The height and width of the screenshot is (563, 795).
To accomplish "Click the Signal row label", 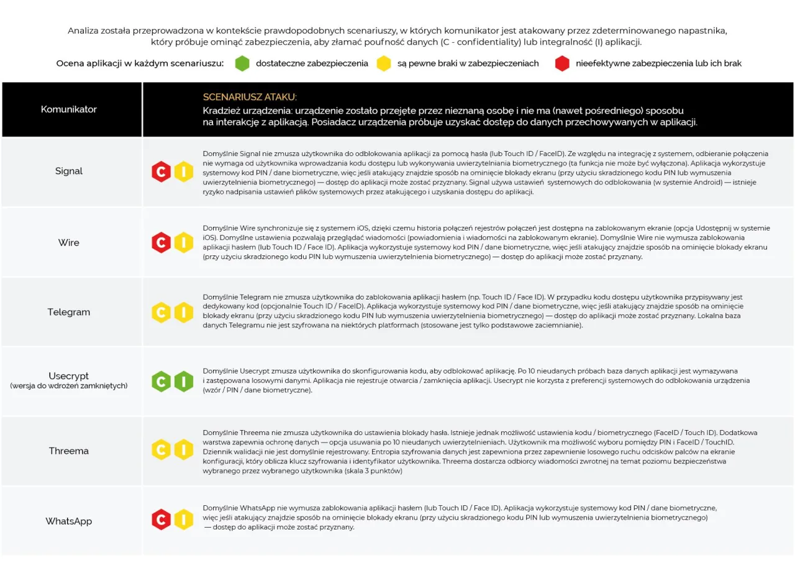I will tap(69, 171).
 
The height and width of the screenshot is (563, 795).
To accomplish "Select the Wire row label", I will tap(69, 242).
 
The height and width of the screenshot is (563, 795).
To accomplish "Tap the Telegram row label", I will tap(69, 312).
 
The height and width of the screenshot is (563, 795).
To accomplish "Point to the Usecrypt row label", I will tap(69, 376).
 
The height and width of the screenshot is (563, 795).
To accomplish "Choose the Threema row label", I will tap(69, 451).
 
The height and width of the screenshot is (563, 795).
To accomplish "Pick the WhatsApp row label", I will tap(69, 521).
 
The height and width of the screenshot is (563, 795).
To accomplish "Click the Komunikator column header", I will tap(69, 109).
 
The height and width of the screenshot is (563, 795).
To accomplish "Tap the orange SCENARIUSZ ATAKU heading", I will tap(250, 97).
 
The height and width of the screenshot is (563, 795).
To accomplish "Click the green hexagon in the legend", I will tap(242, 63).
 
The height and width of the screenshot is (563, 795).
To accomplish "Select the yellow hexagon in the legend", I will tap(384, 63).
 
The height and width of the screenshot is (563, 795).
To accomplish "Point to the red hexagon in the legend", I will tap(562, 63).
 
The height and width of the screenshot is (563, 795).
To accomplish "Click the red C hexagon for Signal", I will tap(161, 172).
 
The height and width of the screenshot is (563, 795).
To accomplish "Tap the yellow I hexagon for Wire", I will tap(184, 242).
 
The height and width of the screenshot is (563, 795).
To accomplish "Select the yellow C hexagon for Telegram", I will tap(161, 312).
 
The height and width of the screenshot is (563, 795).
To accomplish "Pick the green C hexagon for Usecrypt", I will tap(161, 381).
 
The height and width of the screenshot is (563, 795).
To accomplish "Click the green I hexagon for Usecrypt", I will tap(184, 381).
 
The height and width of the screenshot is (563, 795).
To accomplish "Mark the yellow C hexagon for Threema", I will tap(161, 449).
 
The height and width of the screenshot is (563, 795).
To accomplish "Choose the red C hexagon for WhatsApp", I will tap(161, 520).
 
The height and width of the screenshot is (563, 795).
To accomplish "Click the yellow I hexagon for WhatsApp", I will tap(184, 520).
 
